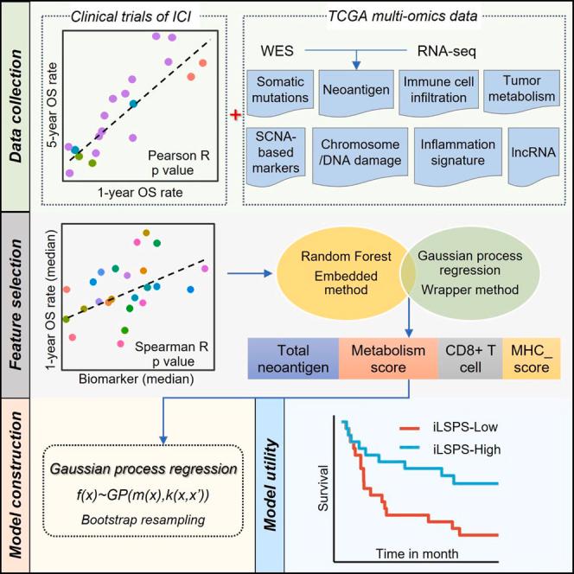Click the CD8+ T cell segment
click(x=466, y=359)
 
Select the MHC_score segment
click(x=530, y=359)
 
